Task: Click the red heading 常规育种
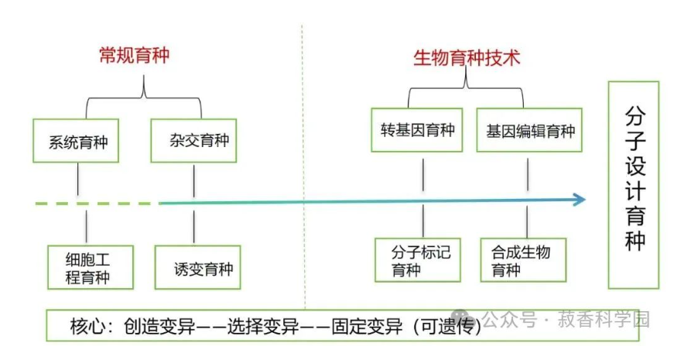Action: click(134, 57)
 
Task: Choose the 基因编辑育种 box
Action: click(530, 131)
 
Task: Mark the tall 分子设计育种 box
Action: click(634, 184)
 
